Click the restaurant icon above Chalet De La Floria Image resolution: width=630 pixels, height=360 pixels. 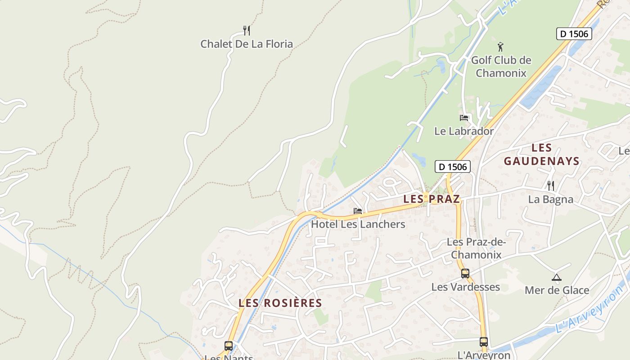point(246,31)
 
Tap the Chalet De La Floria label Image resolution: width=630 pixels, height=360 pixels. point(246,44)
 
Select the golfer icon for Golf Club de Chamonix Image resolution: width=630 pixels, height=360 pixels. point(500,46)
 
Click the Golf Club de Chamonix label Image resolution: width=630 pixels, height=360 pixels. point(501,66)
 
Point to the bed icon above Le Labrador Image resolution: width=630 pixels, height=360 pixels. point(464,118)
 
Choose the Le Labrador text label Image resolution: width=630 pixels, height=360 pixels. point(463,131)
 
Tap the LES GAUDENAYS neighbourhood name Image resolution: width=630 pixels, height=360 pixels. point(541,154)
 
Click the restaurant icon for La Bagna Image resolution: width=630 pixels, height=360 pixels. point(550,185)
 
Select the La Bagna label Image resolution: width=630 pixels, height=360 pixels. point(550,199)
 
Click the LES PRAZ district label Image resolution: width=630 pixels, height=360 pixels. point(432,199)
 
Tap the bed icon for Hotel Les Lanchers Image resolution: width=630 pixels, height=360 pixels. point(358,211)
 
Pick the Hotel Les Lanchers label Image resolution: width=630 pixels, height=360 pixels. point(358,224)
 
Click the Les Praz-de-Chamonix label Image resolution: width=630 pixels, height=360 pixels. point(476,248)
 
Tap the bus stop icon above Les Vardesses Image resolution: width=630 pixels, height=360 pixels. point(465,273)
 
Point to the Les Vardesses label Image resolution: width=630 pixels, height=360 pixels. point(465,287)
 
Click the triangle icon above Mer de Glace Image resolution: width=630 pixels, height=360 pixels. point(557,277)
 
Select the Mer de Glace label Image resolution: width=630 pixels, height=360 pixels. point(557,290)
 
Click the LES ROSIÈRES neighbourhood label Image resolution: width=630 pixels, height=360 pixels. point(280,303)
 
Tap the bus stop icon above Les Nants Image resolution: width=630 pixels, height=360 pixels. point(229,346)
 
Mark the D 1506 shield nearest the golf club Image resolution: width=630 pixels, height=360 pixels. point(574,34)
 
